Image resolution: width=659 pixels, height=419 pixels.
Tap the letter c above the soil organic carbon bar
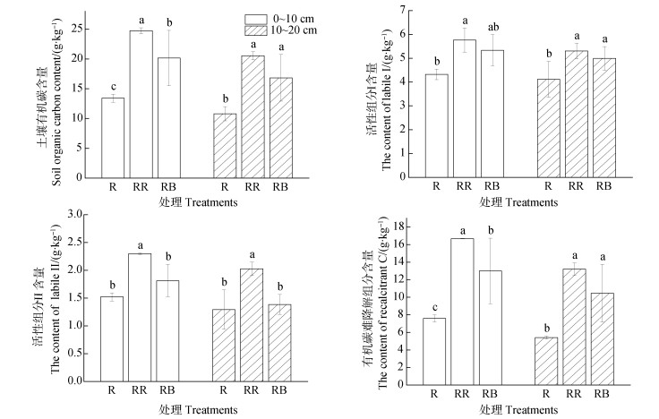coord(113,87)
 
